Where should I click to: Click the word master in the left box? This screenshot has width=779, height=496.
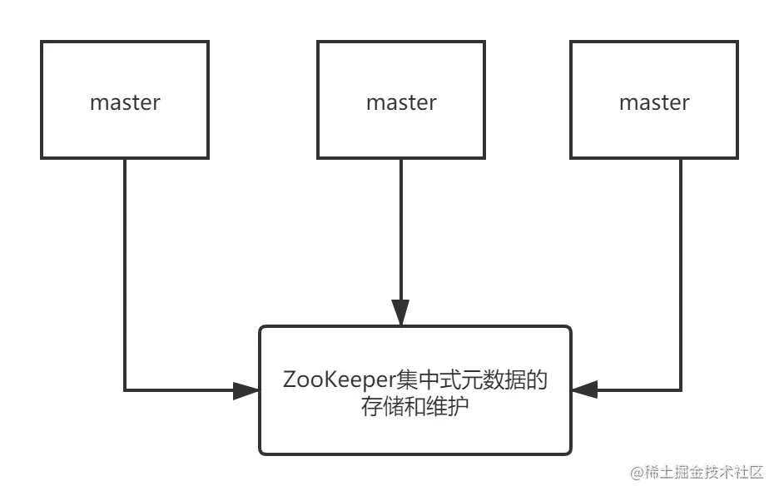pos(125,102)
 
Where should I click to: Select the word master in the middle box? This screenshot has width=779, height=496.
pos(401,102)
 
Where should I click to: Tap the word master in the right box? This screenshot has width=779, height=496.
pos(654,102)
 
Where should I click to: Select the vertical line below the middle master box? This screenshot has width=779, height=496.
pos(402,233)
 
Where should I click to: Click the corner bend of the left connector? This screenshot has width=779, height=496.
pos(123,389)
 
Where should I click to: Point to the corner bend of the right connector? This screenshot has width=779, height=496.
pos(683,389)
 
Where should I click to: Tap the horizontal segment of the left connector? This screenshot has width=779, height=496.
pos(179,389)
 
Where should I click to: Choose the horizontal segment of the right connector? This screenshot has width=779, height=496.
pos(637,389)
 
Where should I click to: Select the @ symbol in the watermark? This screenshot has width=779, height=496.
pos(637,472)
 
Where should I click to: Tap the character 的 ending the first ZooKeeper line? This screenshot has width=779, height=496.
pos(538,380)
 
